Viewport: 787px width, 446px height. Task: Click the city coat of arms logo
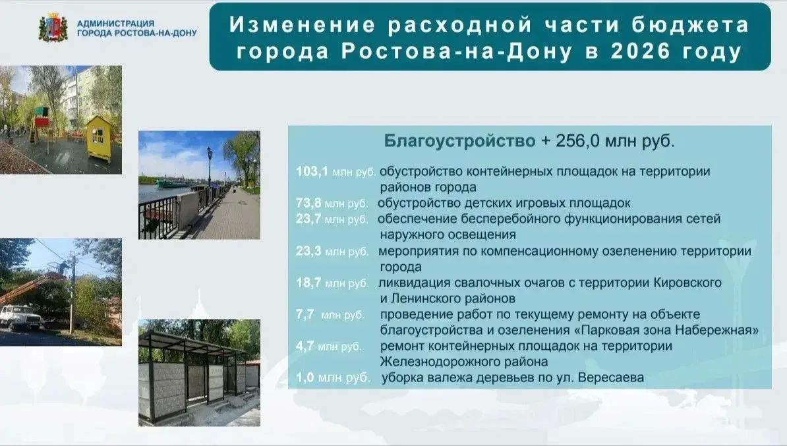point(53,28)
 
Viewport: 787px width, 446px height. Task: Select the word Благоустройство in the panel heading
point(460,141)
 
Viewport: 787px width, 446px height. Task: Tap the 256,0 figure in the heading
point(577,141)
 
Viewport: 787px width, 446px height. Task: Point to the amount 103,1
point(312,171)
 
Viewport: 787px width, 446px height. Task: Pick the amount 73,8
point(308,203)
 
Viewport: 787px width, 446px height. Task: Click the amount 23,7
point(308,219)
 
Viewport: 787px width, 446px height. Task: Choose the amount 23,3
point(308,251)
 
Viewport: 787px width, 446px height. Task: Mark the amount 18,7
point(308,283)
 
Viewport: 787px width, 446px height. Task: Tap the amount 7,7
point(305,314)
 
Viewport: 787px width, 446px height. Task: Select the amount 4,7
point(305,346)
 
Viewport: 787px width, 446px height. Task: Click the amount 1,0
point(305,377)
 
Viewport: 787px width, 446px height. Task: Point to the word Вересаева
point(611,377)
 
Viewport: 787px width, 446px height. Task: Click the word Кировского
point(687,283)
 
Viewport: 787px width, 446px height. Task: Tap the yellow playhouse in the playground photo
point(99,138)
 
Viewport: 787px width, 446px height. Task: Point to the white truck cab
point(15,316)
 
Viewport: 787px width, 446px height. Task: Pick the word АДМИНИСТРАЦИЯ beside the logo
point(115,23)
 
